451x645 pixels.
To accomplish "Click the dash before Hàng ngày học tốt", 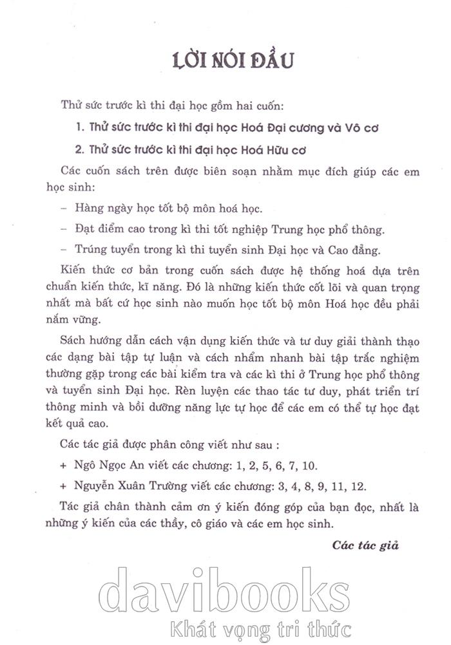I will click(x=62, y=209).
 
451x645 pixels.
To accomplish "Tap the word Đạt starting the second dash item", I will click(x=85, y=229).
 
